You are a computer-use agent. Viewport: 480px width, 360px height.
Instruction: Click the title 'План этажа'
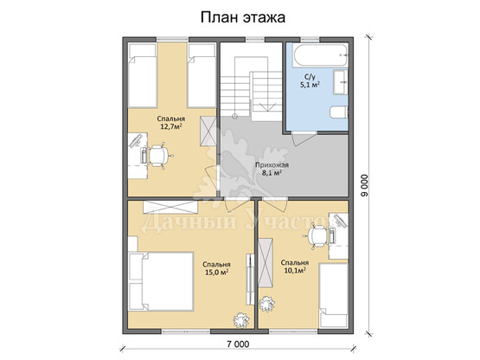point(243,17)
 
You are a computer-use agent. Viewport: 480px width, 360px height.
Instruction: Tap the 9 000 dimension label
point(364,185)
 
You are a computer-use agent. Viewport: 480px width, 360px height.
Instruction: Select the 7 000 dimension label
point(238,344)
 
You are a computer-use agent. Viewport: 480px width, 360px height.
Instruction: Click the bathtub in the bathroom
point(321,55)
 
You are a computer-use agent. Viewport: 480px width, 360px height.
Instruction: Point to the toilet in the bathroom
point(339,112)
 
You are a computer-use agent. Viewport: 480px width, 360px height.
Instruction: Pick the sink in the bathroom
point(341,82)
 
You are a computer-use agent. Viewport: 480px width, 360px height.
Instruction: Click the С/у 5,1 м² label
point(310,80)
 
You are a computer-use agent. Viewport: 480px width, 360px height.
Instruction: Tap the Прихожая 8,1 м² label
point(272,169)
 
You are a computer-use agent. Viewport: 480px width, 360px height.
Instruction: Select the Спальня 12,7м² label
point(171,122)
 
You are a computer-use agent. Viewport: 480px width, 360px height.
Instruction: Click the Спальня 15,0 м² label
point(217,268)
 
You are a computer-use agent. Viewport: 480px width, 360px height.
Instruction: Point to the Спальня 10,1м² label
point(295,267)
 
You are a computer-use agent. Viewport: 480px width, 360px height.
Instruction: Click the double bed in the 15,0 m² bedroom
point(161,281)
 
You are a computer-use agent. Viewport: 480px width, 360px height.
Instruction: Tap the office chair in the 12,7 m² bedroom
point(159,156)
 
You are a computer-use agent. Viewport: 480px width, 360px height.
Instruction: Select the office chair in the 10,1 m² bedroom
point(317,235)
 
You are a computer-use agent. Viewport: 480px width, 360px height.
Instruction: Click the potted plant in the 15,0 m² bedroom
point(241,320)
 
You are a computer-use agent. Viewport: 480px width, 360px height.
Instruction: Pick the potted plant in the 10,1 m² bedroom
point(267,304)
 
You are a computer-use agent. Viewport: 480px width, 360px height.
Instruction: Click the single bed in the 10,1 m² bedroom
point(334,296)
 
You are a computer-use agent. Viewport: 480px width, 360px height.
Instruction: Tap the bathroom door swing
point(304,139)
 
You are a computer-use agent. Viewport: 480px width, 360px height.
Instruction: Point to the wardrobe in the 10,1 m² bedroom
point(266,262)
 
